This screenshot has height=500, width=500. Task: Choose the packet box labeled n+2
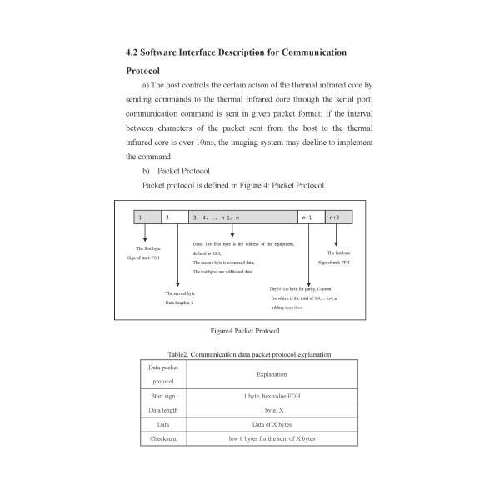(x=338, y=217)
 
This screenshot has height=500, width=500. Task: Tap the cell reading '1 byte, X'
(x=272, y=410)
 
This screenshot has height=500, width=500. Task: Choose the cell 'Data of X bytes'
(x=272, y=424)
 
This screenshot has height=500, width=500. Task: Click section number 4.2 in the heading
(x=132, y=53)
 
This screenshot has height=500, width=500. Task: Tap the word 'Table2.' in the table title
(x=180, y=354)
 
